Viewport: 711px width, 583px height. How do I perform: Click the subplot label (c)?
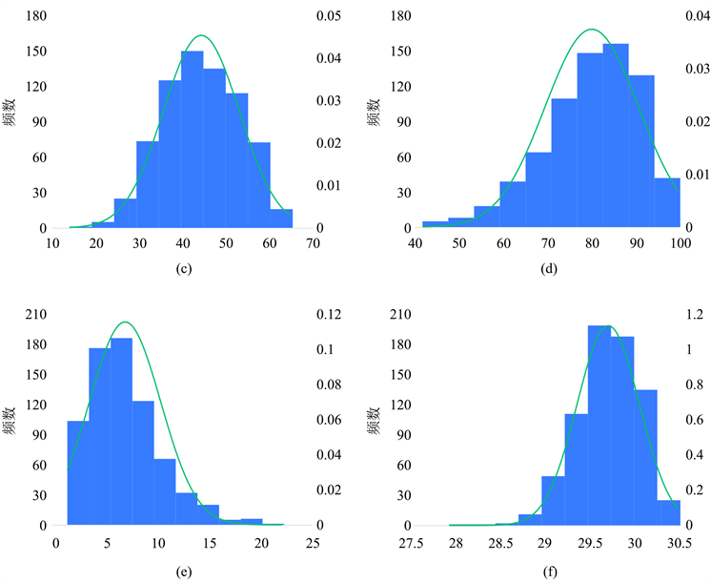tap(185, 269)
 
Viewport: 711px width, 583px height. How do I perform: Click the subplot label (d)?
tap(549, 269)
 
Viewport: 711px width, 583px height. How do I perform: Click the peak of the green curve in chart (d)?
tap(591, 30)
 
